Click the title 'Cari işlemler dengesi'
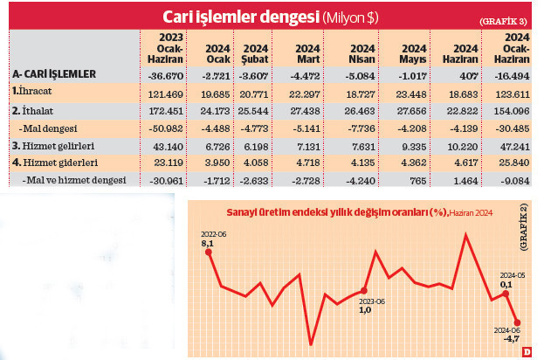(241, 17)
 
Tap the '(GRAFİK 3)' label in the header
(503, 19)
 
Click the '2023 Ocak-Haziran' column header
(163, 48)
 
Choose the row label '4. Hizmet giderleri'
(53, 163)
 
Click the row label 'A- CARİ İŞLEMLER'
(54, 75)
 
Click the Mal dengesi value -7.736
(355, 128)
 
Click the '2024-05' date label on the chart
(511, 273)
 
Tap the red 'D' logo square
(527, 351)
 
